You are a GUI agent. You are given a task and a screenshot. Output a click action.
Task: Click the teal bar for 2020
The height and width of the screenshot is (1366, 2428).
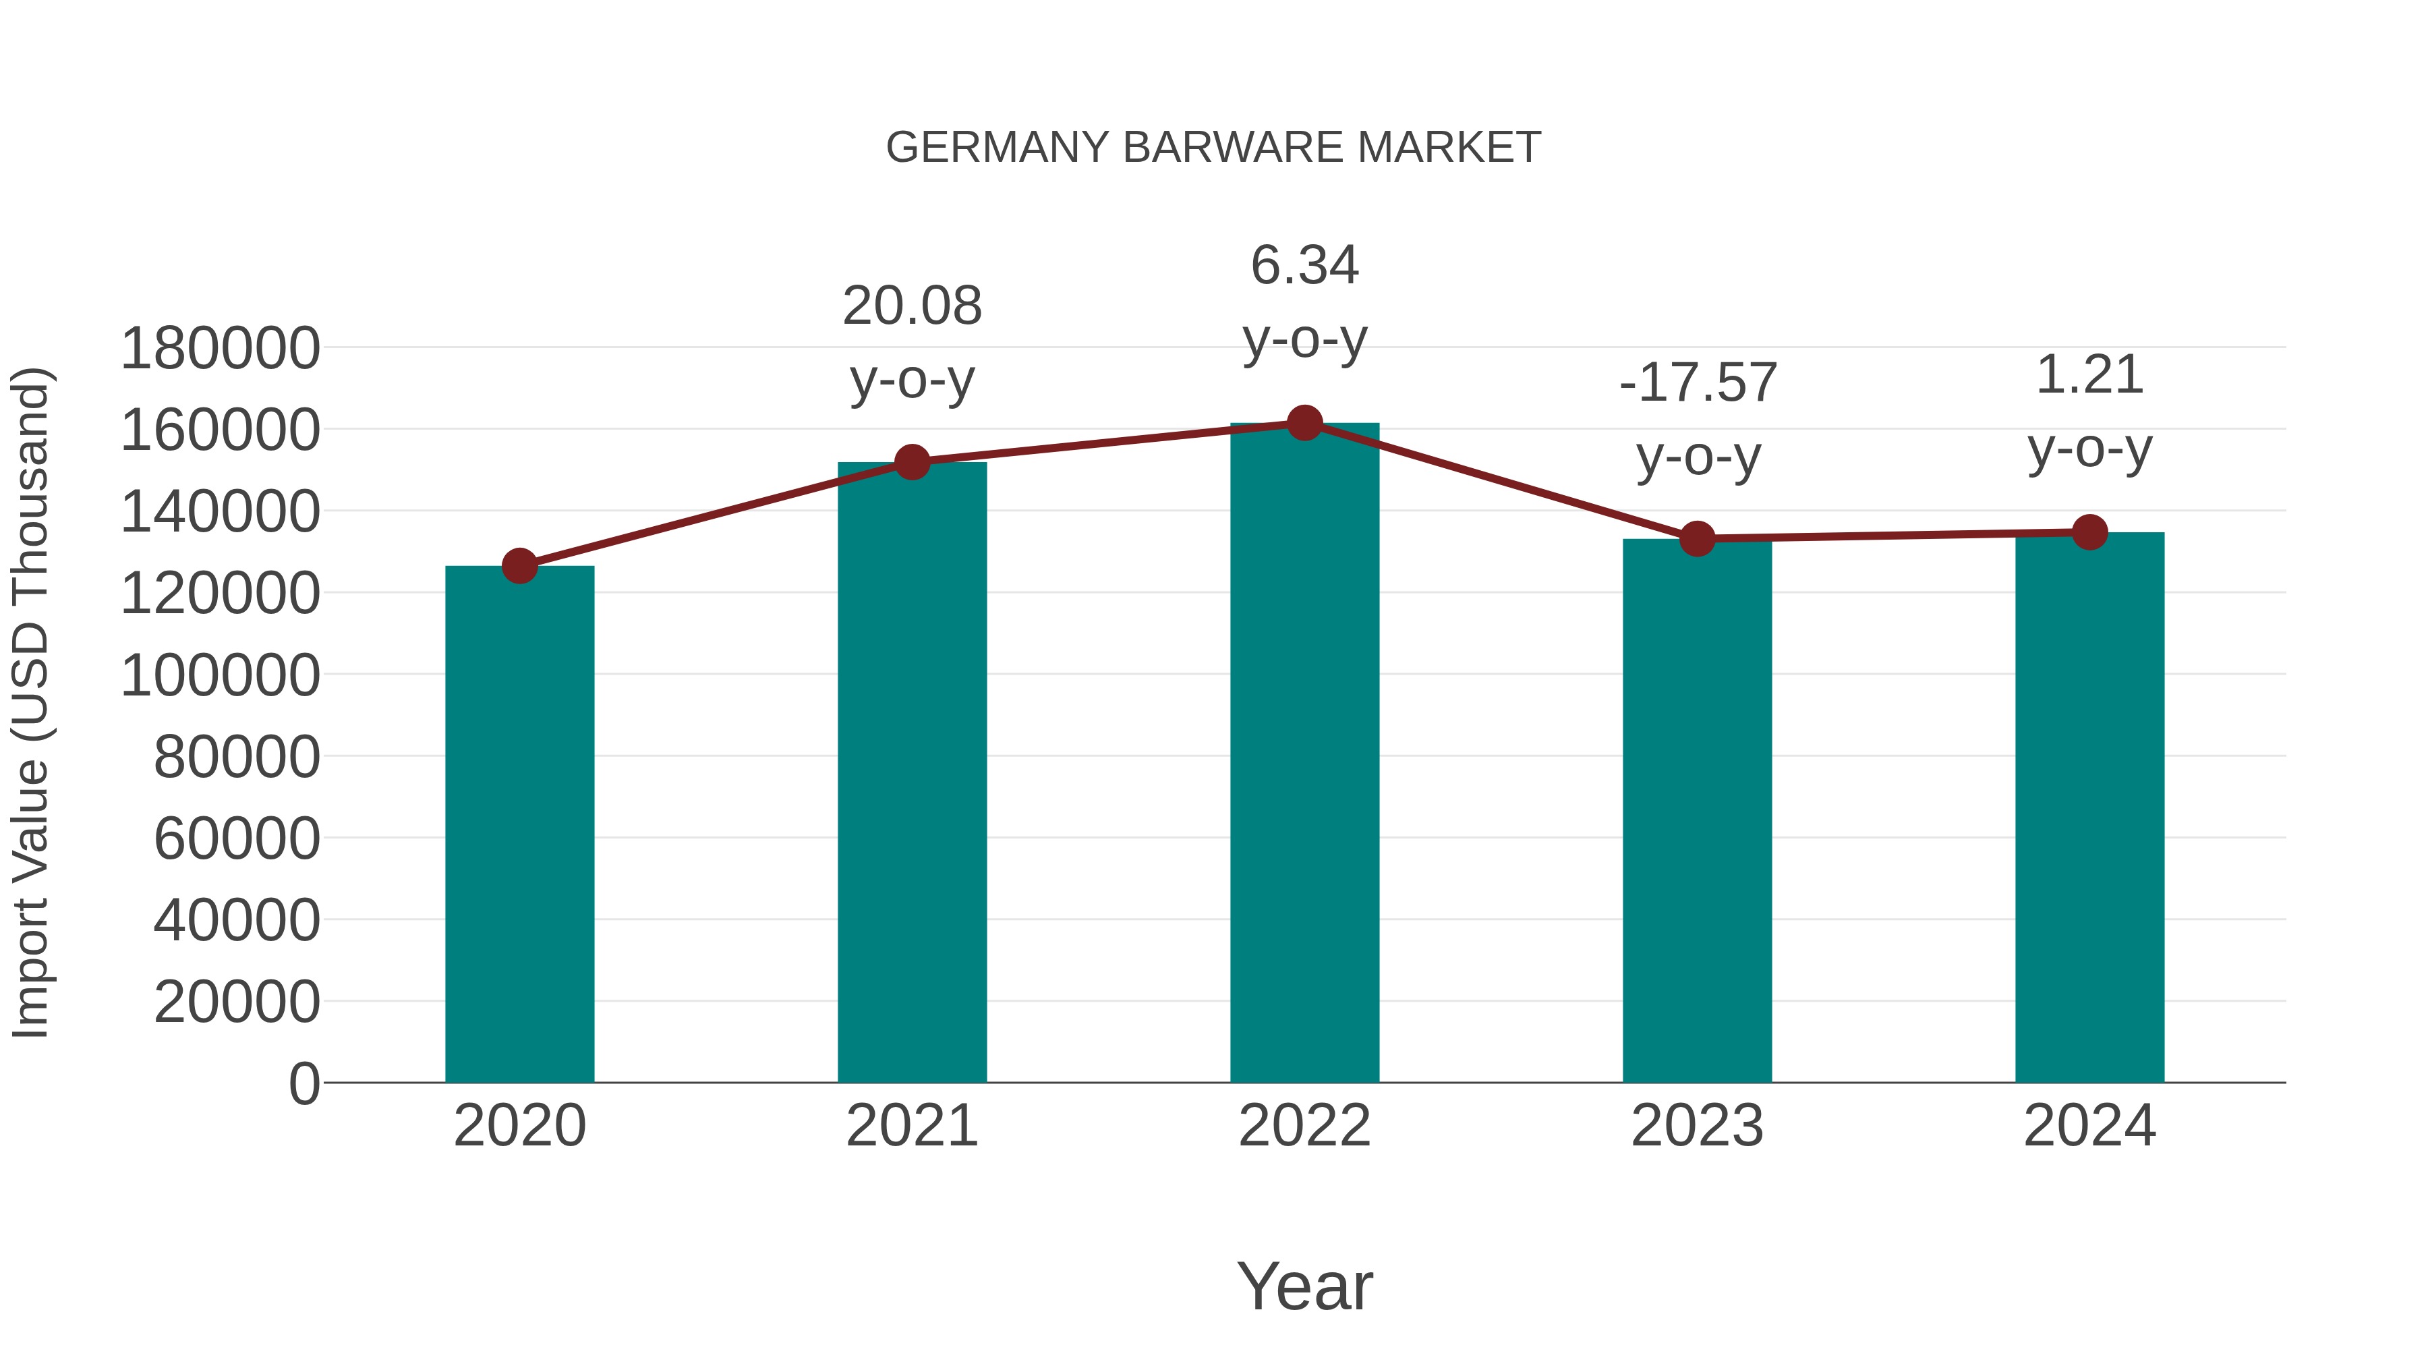pyautogui.click(x=519, y=825)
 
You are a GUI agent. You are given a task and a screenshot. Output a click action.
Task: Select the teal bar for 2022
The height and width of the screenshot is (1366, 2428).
pyautogui.click(x=1304, y=754)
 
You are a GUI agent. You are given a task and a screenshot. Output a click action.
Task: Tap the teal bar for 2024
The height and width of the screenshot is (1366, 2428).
pyautogui.click(x=2089, y=808)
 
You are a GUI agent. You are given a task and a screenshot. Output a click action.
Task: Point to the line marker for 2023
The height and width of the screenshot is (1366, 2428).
pyautogui.click(x=1698, y=539)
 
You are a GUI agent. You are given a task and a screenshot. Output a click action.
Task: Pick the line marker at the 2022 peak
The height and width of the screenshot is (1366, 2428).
pyautogui.click(x=1304, y=423)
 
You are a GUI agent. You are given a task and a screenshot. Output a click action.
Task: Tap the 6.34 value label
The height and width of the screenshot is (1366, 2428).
pyautogui.click(x=1304, y=265)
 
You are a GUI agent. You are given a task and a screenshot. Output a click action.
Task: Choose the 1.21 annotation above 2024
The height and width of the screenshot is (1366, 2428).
pyautogui.click(x=2089, y=375)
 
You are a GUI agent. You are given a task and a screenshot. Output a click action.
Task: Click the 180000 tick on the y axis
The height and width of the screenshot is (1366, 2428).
pyautogui.click(x=221, y=349)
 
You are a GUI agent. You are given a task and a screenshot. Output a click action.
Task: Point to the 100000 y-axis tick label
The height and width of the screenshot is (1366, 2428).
pyautogui.click(x=221, y=676)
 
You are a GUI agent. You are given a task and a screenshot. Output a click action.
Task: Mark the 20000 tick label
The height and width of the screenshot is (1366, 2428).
pyautogui.click(x=237, y=1002)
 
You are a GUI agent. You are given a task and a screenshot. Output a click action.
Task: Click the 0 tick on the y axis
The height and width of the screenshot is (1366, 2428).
pyautogui.click(x=304, y=1084)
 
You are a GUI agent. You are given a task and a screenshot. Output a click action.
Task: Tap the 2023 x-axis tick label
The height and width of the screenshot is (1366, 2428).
pyautogui.click(x=1698, y=1126)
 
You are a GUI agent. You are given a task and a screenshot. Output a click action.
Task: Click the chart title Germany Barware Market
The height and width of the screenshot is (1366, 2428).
pyautogui.click(x=1213, y=148)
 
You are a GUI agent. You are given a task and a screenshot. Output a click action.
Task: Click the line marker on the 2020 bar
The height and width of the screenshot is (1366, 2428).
pyautogui.click(x=519, y=567)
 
